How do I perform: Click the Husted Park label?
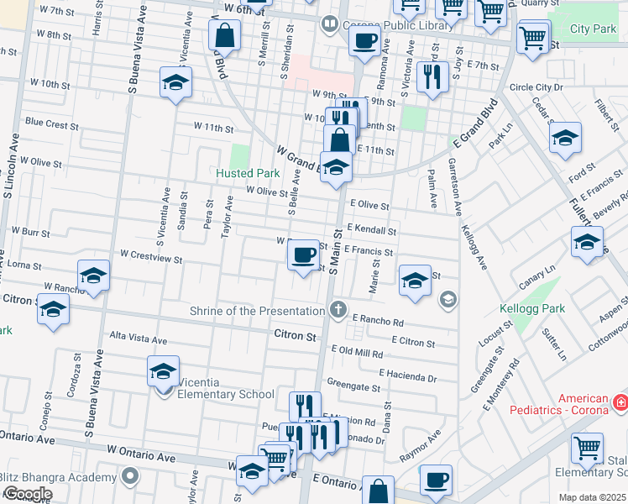tap(248, 173)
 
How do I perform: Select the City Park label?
tap(593, 29)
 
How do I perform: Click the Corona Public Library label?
tap(398, 25)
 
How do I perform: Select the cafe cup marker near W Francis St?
tap(303, 254)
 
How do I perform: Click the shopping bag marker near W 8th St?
tap(225, 35)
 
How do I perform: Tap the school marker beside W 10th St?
tap(176, 83)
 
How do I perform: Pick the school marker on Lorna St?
tap(93, 276)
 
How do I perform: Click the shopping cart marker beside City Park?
tap(533, 37)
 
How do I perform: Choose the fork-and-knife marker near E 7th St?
tap(432, 77)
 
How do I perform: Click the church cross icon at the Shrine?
tap(338, 310)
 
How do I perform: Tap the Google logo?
tap(28, 494)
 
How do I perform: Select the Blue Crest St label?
tap(51, 123)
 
